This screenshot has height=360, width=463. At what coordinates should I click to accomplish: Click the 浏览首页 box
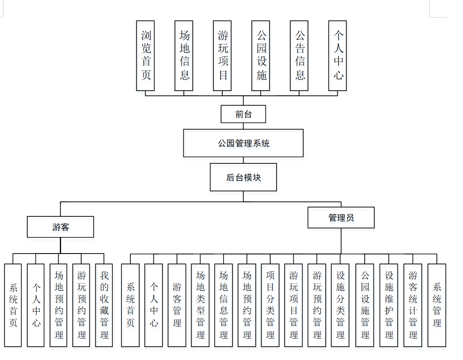click(x=145, y=56)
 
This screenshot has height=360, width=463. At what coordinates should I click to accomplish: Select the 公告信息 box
click(x=299, y=56)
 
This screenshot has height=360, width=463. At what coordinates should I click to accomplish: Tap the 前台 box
click(x=243, y=114)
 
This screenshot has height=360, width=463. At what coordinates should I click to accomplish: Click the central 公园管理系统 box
click(x=243, y=143)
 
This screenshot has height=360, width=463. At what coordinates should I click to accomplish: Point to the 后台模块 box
click(x=243, y=177)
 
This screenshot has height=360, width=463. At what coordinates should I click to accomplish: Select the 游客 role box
click(x=60, y=227)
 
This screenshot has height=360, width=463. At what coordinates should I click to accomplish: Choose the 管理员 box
click(x=341, y=218)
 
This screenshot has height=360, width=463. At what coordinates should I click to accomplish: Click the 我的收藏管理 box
click(x=104, y=305)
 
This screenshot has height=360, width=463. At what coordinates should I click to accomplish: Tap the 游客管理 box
click(x=177, y=305)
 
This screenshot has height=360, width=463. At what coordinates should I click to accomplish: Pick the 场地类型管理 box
click(x=200, y=305)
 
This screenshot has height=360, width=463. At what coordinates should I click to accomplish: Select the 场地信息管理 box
click(x=224, y=305)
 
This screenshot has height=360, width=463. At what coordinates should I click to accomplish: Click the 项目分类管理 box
click(x=270, y=305)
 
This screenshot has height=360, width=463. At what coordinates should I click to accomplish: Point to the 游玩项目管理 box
click(x=293, y=305)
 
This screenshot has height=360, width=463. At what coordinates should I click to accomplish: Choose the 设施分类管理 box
click(x=340, y=305)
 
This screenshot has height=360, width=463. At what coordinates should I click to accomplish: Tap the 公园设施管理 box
click(x=365, y=305)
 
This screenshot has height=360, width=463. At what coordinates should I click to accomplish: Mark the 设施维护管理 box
click(x=389, y=305)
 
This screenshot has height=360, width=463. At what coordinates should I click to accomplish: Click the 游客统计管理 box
click(x=413, y=305)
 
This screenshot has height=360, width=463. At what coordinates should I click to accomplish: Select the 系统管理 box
click(x=436, y=305)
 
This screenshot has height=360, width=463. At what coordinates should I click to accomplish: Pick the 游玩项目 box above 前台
click(x=222, y=56)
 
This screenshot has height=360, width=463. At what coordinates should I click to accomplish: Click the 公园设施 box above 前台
click(x=261, y=56)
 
